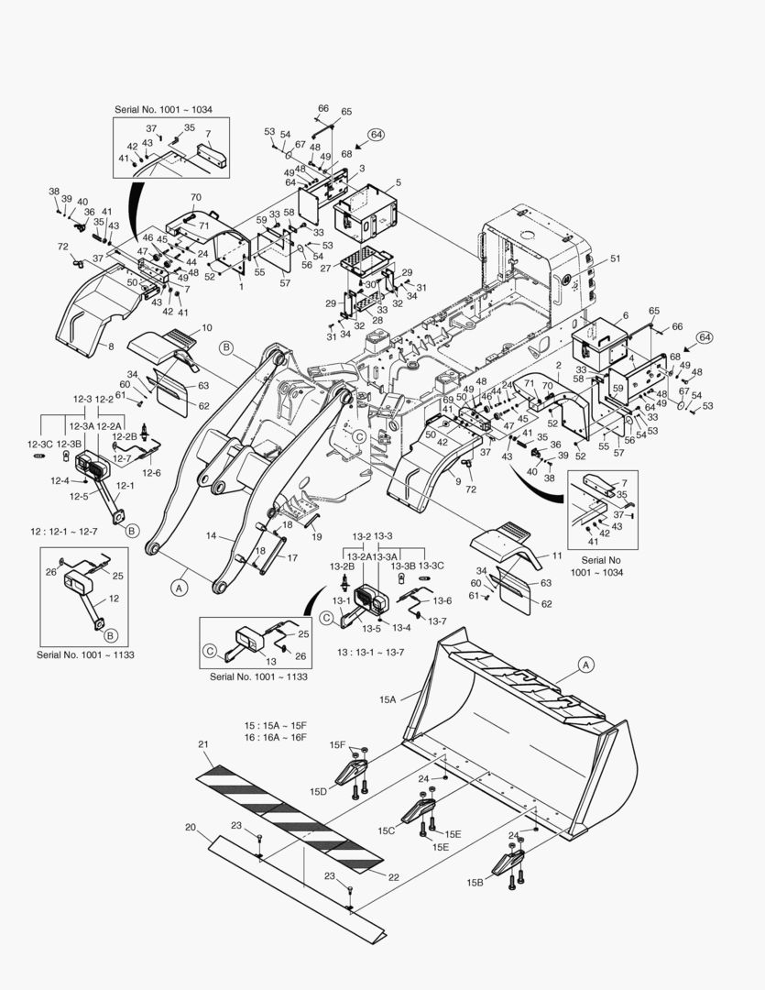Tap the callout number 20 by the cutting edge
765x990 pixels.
click(191, 828)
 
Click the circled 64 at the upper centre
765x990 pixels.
click(377, 135)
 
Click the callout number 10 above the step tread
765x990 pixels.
click(207, 327)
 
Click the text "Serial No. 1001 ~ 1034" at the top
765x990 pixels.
click(163, 109)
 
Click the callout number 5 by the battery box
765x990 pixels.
click(398, 182)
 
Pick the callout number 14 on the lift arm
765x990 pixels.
click(211, 535)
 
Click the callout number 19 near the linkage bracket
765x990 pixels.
click(316, 536)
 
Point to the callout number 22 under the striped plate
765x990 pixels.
click(393, 877)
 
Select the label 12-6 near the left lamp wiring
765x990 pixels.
click(151, 473)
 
